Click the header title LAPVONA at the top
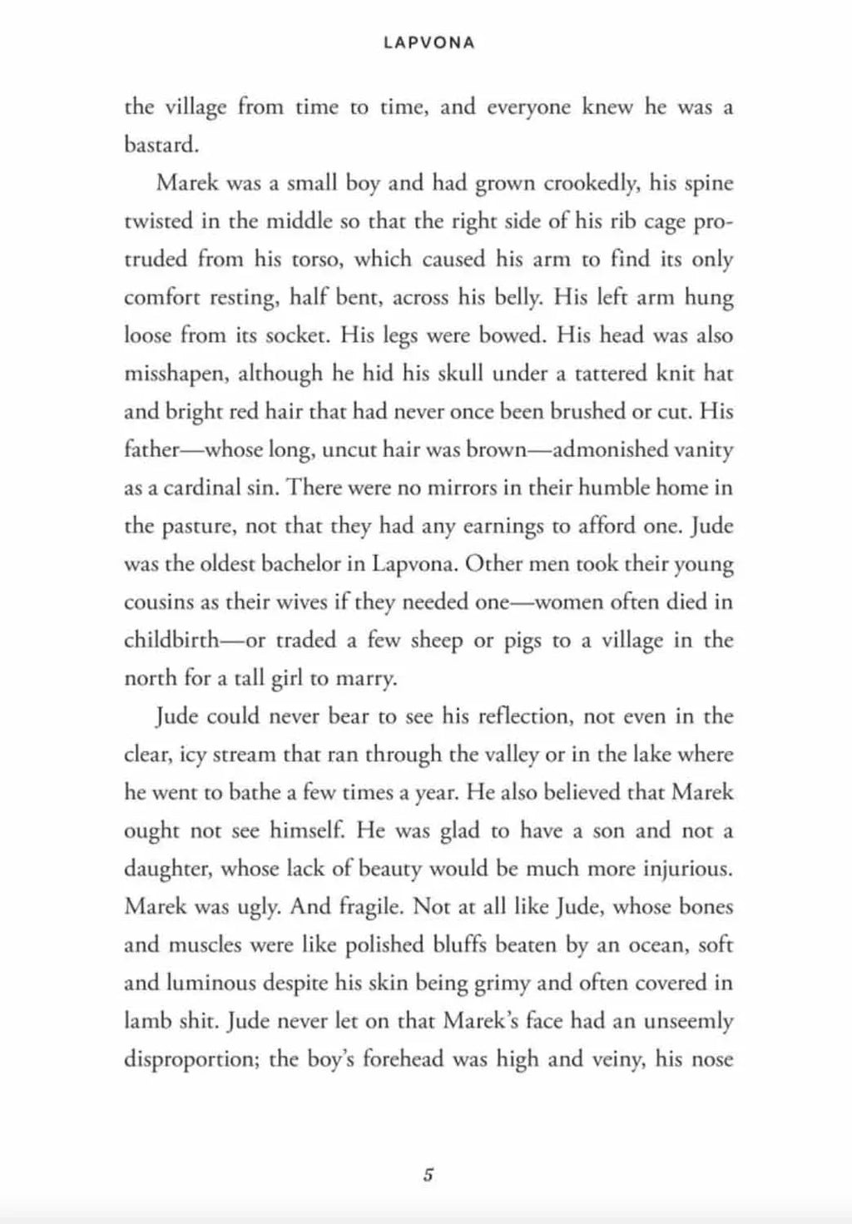click(x=429, y=43)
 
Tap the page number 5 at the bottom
click(x=428, y=1176)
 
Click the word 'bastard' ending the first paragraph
click(x=160, y=145)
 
